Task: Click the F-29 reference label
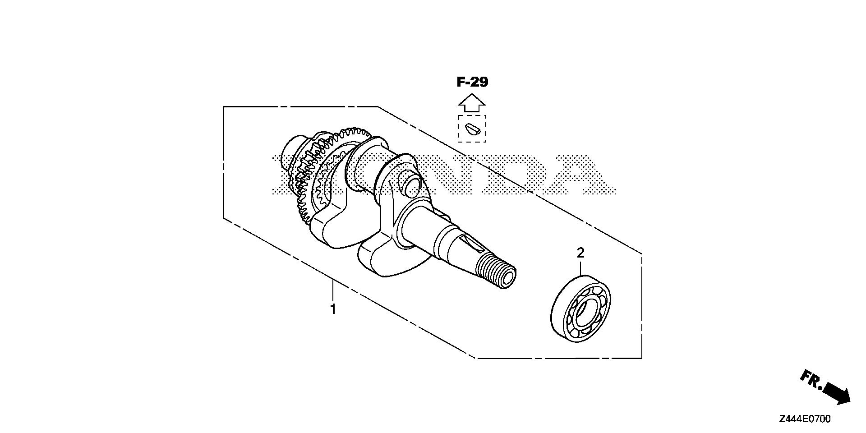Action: (x=472, y=82)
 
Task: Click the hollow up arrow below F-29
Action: (x=472, y=102)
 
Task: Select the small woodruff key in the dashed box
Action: (x=472, y=129)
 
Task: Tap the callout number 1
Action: (x=333, y=309)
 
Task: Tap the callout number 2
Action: (x=580, y=253)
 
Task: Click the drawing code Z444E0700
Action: (x=804, y=419)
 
